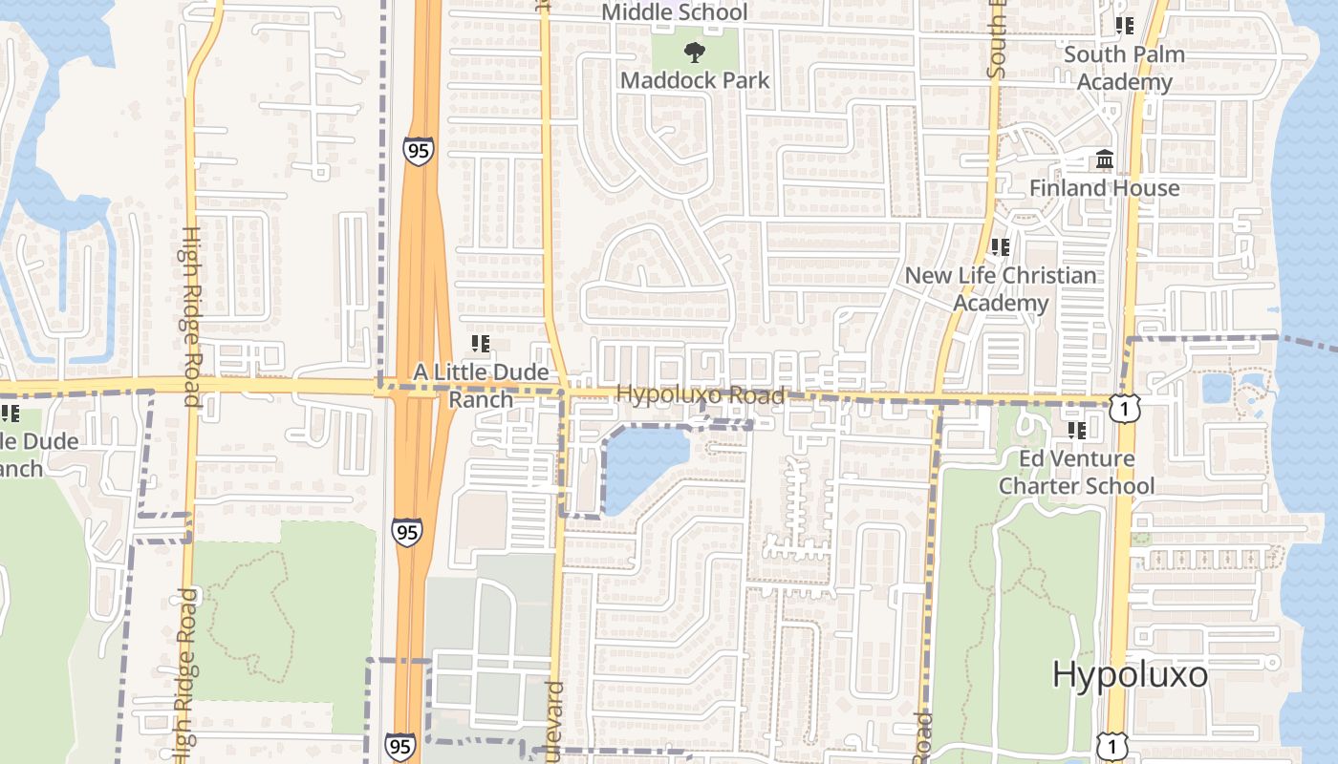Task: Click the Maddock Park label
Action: coord(695,80)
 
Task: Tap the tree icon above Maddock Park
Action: coord(695,53)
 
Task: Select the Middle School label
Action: coord(675,12)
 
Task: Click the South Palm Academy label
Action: coord(1124,68)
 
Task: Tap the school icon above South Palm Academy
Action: coord(1125,26)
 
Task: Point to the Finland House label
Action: coord(1104,188)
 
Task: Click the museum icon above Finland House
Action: coord(1105,159)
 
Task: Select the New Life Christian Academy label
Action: coord(1001,288)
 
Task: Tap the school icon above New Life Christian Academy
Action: coord(1001,247)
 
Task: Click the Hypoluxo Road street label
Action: coord(701,394)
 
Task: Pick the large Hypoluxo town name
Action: coord(1130,674)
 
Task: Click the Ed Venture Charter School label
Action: coord(1076,472)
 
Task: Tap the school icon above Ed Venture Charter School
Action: coord(1077,431)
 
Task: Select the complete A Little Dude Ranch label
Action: coord(481,385)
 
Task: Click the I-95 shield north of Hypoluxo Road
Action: coord(418,151)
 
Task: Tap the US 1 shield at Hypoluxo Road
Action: coord(1127,410)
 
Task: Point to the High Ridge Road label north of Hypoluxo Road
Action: coord(190,315)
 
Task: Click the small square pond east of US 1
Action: coord(1216,388)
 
